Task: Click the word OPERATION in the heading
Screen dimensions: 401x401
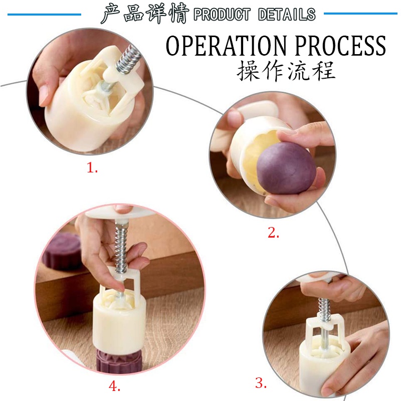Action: coord(226,46)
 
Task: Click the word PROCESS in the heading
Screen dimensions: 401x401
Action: coord(341,46)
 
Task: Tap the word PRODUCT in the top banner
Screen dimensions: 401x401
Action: coord(222,14)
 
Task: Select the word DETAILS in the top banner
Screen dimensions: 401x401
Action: coord(287,14)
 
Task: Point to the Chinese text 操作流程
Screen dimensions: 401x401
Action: coord(286,70)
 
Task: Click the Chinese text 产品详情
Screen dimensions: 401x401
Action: coord(145,14)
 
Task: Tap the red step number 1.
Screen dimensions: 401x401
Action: coord(92,168)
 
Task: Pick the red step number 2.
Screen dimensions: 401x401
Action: coord(273,233)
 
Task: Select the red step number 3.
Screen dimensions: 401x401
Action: coord(261,383)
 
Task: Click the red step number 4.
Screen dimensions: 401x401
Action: coord(114,385)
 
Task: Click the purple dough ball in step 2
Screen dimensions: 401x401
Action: coord(286,167)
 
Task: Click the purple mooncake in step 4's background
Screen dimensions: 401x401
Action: coord(61,252)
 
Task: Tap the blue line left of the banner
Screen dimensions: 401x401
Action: coord(44,15)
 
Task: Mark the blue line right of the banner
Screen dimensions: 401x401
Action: coord(360,14)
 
